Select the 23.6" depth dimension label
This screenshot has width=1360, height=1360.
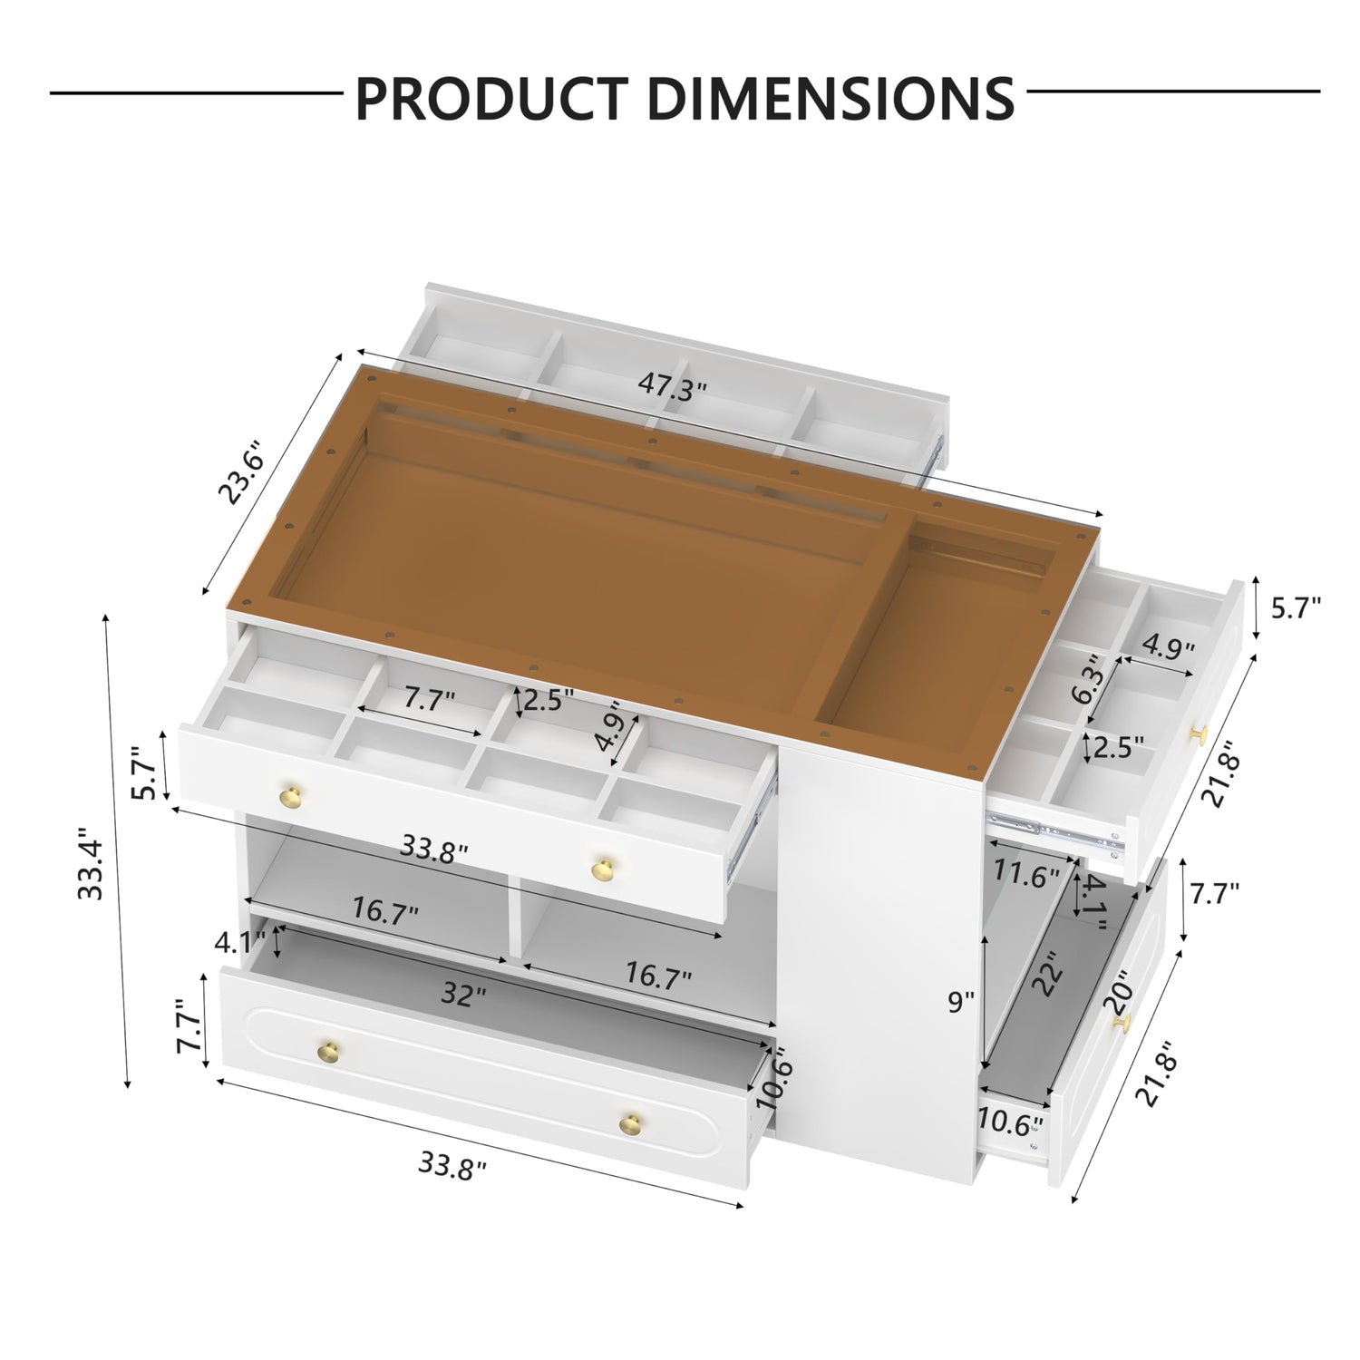coord(241,472)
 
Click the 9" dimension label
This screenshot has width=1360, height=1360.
coord(960,1001)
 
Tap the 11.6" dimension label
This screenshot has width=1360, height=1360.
coord(1024,876)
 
